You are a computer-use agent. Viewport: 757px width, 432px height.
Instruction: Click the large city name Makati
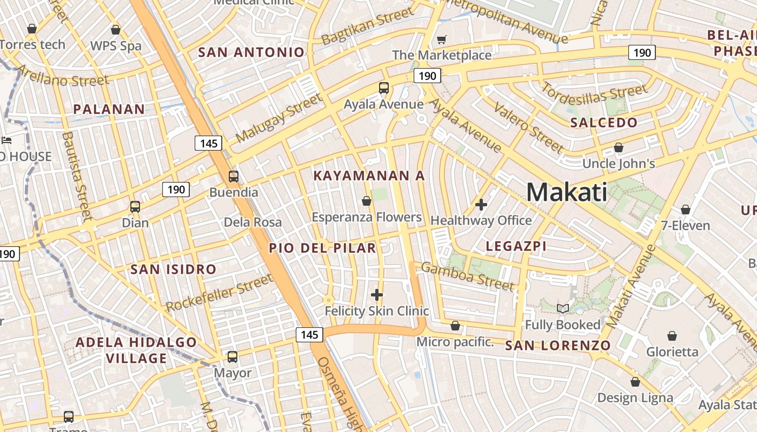[x=567, y=192]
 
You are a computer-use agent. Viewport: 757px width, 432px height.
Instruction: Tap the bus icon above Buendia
[x=234, y=177]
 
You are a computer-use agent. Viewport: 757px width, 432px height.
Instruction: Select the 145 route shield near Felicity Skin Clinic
[x=309, y=335]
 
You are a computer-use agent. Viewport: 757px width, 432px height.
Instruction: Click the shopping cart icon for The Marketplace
[x=442, y=39]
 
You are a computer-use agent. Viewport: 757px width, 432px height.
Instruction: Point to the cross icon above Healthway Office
[x=481, y=205]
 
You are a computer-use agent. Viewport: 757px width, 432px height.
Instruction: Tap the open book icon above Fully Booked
[x=563, y=308]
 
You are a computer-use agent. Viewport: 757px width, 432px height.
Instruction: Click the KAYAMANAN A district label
[x=369, y=176]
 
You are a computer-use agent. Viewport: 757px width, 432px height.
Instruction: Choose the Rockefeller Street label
[x=219, y=293]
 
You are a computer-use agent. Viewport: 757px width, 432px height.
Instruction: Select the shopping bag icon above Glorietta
[x=672, y=336]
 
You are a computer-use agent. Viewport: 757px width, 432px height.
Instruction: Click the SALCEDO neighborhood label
[x=604, y=123]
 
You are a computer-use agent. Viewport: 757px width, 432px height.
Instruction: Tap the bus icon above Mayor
[x=233, y=357]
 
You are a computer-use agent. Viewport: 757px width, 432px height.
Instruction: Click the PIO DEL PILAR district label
[x=322, y=248]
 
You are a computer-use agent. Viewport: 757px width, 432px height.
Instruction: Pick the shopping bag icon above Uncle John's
[x=619, y=147]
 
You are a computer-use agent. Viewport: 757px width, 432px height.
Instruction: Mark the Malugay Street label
[x=278, y=118]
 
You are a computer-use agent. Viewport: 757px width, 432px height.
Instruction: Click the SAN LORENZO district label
[x=557, y=346]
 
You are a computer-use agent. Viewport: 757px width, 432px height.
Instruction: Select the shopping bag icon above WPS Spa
[x=115, y=30]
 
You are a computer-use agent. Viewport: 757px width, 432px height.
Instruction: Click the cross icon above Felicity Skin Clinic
[x=377, y=295]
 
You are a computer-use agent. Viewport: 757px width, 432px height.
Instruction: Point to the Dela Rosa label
[x=253, y=222]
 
